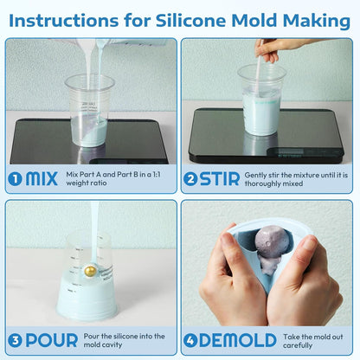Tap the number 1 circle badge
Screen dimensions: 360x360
click(x=15, y=179)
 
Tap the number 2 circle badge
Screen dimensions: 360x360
click(x=192, y=179)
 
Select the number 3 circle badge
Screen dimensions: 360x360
click(x=15, y=340)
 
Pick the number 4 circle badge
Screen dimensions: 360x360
click(x=192, y=340)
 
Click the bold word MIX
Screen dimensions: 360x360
click(x=42, y=179)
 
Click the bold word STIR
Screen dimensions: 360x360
click(x=222, y=179)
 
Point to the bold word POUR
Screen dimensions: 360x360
click(x=51, y=340)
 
